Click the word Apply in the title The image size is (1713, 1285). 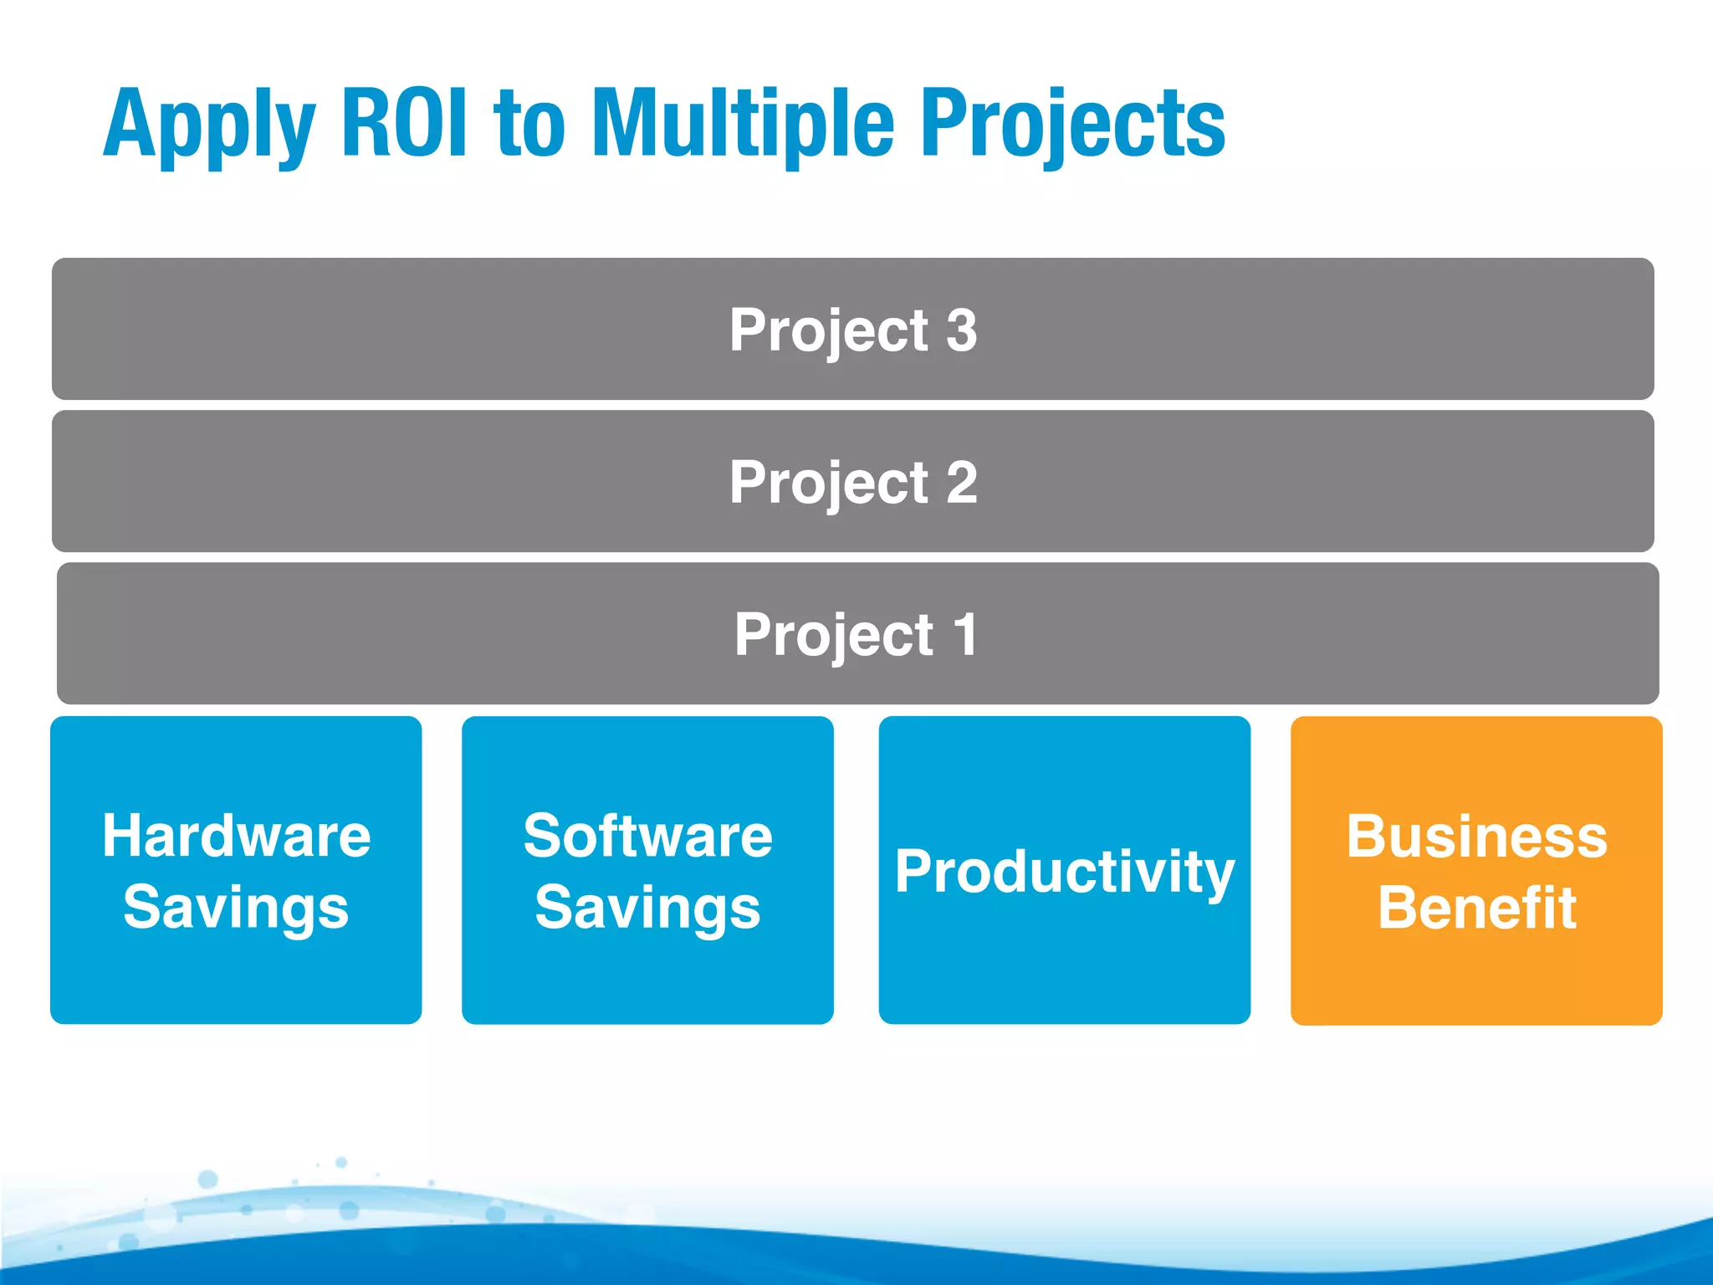click(209, 125)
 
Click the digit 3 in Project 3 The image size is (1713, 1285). click(962, 330)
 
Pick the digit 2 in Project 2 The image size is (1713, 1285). click(962, 483)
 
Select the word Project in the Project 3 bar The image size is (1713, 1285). click(828, 331)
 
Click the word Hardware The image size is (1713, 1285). click(236, 836)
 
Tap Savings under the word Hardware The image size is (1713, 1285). click(236, 909)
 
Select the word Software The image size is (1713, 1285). click(647, 836)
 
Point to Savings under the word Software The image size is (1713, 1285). click(647, 909)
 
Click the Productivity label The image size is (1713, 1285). click(1064, 873)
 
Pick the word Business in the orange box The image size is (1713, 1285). click(1476, 836)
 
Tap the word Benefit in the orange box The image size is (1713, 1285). click(1476, 908)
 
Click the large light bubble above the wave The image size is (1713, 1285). click(207, 1180)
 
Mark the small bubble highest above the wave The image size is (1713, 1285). click(341, 1162)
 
